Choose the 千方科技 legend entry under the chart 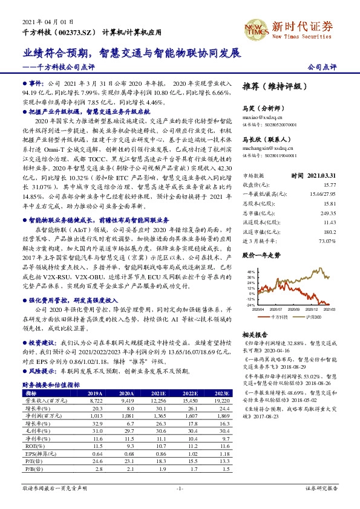coord(278,316)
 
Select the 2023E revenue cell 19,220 coord(217,400)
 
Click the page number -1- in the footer coord(180,487)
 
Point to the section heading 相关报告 coord(254,334)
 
